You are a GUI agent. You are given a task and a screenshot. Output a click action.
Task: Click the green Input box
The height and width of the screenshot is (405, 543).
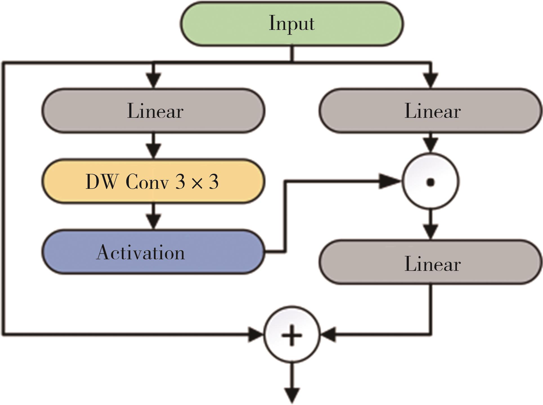coord(292,24)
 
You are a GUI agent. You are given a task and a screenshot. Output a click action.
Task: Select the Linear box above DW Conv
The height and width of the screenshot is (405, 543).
coord(153,110)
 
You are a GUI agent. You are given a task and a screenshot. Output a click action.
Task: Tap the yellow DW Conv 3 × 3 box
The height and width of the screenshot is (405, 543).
coord(153,181)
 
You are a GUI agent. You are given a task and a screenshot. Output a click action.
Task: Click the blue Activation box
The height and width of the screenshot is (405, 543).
coord(153,252)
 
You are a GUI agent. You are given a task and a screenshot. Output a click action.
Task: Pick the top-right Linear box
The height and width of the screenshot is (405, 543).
coord(430,110)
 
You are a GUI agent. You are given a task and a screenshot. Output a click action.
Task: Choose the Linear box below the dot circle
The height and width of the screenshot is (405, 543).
coord(430,262)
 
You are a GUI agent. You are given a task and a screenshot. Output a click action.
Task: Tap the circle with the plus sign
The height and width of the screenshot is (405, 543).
coord(292,334)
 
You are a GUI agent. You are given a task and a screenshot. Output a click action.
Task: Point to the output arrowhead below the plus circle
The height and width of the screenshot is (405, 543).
coord(292,395)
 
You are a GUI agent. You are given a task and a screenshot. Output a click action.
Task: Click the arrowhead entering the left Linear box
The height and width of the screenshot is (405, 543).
coord(153,81)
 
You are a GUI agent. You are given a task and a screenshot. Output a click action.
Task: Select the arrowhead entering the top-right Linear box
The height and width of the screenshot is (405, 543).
coord(430,81)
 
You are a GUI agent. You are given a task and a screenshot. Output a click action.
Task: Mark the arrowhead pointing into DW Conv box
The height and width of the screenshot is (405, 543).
coord(153,151)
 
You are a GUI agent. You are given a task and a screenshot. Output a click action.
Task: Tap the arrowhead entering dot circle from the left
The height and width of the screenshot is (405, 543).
coord(390,181)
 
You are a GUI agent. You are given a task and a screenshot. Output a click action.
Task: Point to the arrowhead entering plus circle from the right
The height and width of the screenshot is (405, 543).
coord(328,334)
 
